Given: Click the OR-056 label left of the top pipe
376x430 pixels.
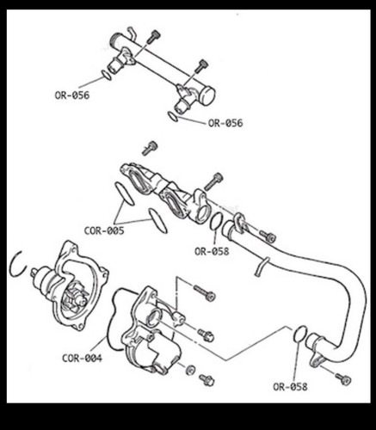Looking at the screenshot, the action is coord(72,95).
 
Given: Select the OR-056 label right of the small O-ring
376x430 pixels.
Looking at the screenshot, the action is coord(225,123).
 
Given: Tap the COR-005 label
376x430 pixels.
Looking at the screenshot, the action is coord(104,230).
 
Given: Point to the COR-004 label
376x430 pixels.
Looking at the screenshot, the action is coord(82,358).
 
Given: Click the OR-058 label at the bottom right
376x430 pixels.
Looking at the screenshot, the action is coord(290,387).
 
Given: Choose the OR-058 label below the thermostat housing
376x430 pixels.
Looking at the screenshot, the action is coord(212,251).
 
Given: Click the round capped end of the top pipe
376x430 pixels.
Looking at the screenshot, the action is coord(208,95).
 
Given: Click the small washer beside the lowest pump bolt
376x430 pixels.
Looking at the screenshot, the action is coord(190,370).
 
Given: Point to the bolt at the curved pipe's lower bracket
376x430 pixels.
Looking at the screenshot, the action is coord(343,378).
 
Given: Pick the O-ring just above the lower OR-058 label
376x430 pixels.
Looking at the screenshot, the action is coord(300,334).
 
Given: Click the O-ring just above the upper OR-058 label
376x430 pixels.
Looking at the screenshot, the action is coord(216,221).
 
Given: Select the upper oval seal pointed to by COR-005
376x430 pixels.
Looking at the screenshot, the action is coord(125,193).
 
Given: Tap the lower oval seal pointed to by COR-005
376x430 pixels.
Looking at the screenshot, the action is coord(158,220).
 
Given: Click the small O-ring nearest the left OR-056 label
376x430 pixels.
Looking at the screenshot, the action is coord(106,75).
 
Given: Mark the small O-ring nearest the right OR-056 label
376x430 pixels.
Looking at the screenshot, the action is coord(173,116).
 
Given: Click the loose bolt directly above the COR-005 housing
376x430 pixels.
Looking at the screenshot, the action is coord(151,148).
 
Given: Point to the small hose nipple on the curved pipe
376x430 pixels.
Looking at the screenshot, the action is coord(261,266).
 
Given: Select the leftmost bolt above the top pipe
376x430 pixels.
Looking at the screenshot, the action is coord(153,37).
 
